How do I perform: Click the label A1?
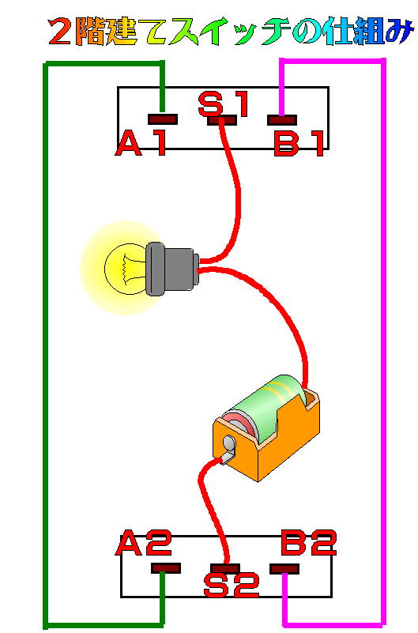141,144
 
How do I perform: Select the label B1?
299,144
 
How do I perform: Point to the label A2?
144,543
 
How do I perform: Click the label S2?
231,586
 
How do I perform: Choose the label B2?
309,543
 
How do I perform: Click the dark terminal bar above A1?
163,119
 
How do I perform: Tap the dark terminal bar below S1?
222,120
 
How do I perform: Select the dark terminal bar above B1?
282,120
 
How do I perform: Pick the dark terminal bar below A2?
165,568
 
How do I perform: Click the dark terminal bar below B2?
284,569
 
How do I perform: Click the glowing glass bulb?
125,268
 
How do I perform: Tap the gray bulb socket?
171,269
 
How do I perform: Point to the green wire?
46,343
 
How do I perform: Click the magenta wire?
383,343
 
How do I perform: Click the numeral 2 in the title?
61,32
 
